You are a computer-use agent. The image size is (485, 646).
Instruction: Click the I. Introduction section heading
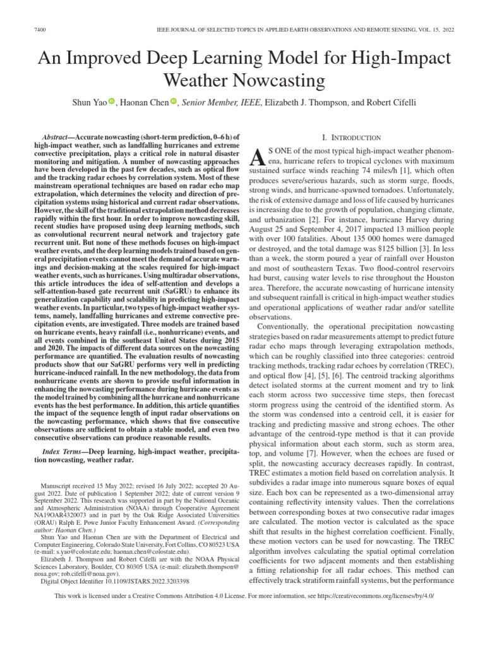[352, 138]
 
